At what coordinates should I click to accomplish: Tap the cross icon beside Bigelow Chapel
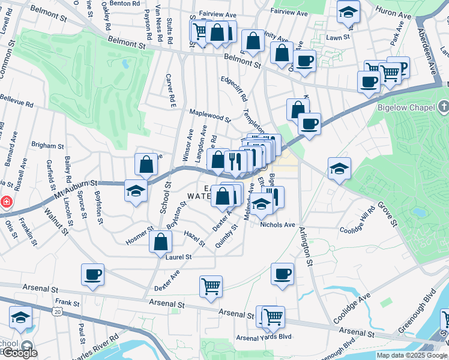(443, 107)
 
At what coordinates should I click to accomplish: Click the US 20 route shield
(57, 311)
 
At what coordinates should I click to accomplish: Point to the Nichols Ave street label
(278, 224)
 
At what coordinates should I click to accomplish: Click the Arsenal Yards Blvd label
(264, 337)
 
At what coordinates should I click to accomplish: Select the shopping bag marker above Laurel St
(161, 242)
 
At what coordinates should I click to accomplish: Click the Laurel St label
(178, 257)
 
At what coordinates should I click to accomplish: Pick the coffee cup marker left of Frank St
(92, 274)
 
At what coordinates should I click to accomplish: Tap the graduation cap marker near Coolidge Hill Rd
(339, 169)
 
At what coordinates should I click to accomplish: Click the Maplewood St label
(210, 115)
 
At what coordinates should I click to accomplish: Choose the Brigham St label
(47, 145)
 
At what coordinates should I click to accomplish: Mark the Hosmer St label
(140, 236)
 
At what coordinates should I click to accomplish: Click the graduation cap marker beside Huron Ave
(348, 12)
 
